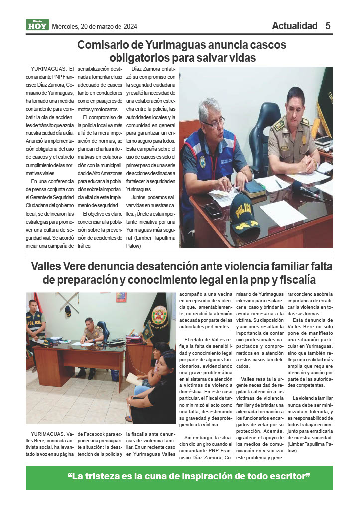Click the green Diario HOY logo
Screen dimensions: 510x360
(x=37, y=25)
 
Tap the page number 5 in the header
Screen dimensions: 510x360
(x=328, y=26)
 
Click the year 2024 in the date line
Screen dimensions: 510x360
(x=129, y=26)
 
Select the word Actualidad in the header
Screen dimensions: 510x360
(x=294, y=26)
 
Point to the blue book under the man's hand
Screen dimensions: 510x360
(x=255, y=188)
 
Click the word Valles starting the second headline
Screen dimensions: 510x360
(x=48, y=266)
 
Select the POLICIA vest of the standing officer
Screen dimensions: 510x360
(x=35, y=323)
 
